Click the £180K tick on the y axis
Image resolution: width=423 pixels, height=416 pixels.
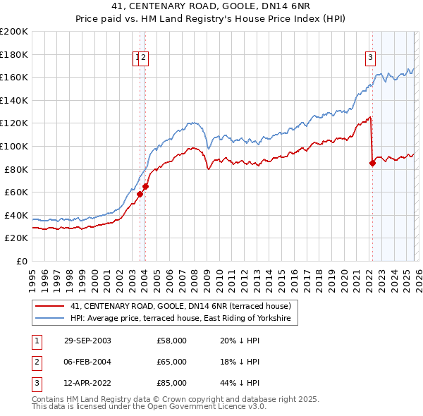[14, 54]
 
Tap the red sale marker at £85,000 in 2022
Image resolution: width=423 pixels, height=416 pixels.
[372, 164]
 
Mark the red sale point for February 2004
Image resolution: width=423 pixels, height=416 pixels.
[145, 187]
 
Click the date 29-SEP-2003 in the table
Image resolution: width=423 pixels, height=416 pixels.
[87, 341]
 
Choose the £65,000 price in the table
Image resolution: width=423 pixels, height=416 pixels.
[172, 362]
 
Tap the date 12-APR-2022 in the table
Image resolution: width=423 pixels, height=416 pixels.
[87, 383]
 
